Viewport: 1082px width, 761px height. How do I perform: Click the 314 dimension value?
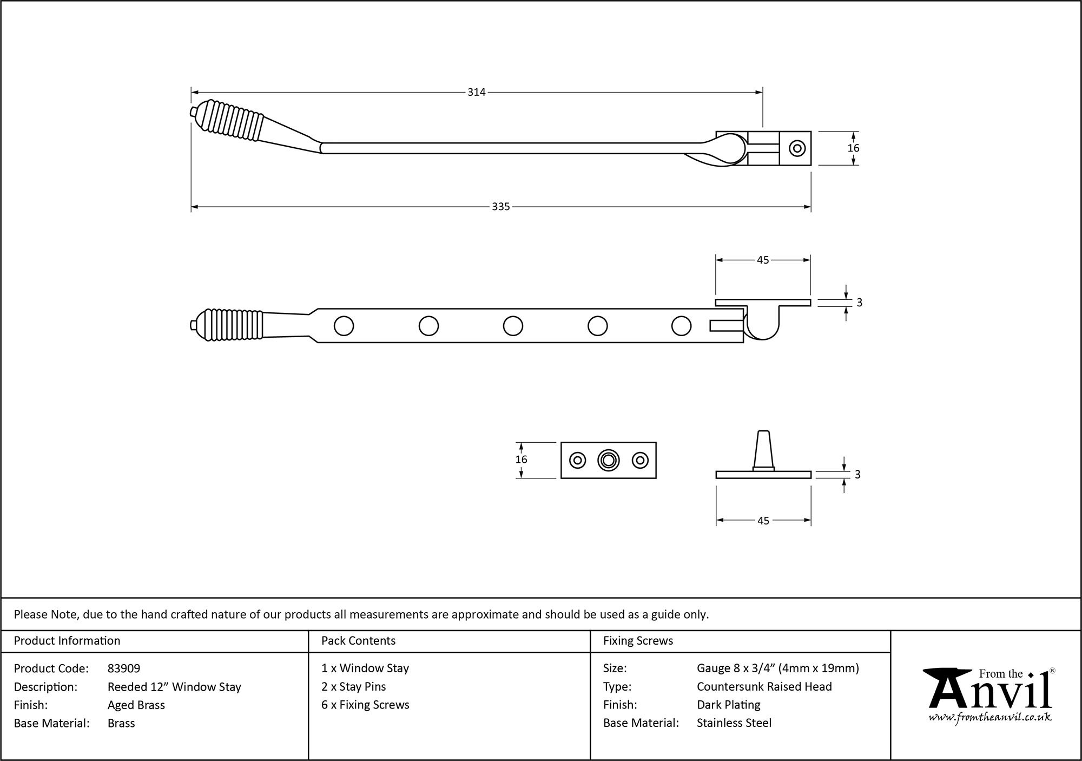pos(476,93)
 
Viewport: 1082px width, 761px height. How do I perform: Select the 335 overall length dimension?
pos(501,207)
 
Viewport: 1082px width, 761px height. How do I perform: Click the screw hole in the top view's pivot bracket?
pos(797,148)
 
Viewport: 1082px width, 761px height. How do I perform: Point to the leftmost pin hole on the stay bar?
pos(344,326)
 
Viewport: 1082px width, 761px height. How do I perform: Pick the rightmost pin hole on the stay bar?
pos(681,326)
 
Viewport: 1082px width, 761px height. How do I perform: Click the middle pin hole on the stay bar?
pos(513,326)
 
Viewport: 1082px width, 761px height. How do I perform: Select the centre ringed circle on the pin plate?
pos(609,460)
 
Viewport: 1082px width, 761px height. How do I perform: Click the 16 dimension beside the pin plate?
pos(521,460)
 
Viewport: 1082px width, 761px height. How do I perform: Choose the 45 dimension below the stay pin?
pos(763,521)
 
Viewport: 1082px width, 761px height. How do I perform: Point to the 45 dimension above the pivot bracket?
pos(763,260)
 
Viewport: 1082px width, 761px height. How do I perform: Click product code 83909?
pos(124,668)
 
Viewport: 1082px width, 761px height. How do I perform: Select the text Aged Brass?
pos(136,705)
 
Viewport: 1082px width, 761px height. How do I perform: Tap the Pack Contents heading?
pos(358,641)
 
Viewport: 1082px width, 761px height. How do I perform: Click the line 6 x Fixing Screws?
pos(365,705)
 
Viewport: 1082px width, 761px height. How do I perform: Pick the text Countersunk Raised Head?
pos(764,686)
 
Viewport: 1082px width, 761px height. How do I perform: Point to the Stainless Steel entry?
pos(734,723)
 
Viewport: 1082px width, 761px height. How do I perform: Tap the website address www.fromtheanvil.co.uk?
pos(990,718)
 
